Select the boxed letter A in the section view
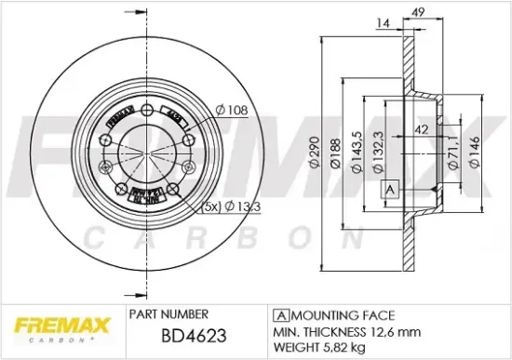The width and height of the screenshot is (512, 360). click(390, 191)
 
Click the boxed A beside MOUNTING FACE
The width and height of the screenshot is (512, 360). click(280, 314)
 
